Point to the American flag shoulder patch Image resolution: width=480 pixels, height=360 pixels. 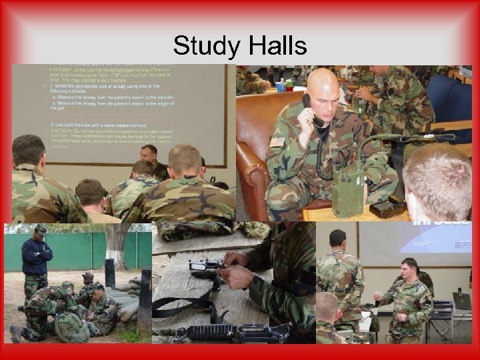(277, 142)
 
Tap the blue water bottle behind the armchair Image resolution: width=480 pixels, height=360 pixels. (282, 86)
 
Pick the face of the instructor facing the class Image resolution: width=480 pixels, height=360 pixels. (149, 154)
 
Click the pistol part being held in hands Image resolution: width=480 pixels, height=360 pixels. (206, 269)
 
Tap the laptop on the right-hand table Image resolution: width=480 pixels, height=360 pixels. (461, 301)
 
